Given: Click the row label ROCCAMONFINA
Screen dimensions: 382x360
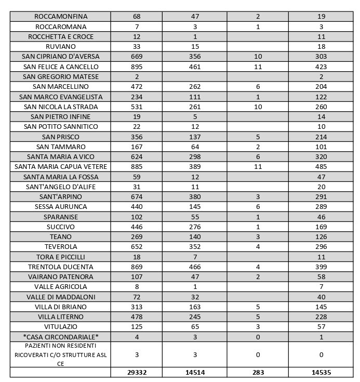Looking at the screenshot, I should pos(61,17).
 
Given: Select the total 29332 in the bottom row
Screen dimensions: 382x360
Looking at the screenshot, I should pos(137,372).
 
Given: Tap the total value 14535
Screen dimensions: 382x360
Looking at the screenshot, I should pos(321,372).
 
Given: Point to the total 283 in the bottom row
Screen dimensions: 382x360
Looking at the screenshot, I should pos(258,372).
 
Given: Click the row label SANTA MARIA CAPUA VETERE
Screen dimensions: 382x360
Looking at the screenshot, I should pos(61,166).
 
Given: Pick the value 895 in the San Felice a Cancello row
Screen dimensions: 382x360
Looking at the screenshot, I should pos(137,67).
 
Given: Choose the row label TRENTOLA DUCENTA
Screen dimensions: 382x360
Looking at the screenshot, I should pos(61,267).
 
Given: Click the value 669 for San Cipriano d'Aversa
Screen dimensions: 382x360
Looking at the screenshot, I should pos(137,57).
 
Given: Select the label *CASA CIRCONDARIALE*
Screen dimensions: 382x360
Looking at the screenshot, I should pos(61,337).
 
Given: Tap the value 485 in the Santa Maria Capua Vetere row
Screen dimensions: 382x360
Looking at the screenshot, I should pos(321,166).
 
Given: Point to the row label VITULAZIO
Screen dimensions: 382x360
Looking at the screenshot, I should pos(61,326).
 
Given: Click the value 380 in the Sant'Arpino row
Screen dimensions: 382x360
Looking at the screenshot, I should pos(194,196).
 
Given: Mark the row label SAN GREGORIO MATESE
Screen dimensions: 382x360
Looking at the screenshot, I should pos(61,76).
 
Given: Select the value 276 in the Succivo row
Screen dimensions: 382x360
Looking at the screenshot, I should pos(194,227).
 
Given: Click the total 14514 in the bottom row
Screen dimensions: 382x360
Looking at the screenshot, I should pos(194,372).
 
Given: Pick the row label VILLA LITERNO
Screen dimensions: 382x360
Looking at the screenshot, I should pos(61,317).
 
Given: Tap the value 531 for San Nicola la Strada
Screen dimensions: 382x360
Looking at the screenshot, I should pos(137,107).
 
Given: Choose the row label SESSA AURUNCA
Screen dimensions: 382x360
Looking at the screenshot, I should pos(61,206).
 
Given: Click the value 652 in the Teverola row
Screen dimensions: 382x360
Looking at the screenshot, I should pos(137,246).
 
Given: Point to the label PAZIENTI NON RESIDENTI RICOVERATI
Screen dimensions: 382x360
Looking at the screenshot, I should pos(61,354).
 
